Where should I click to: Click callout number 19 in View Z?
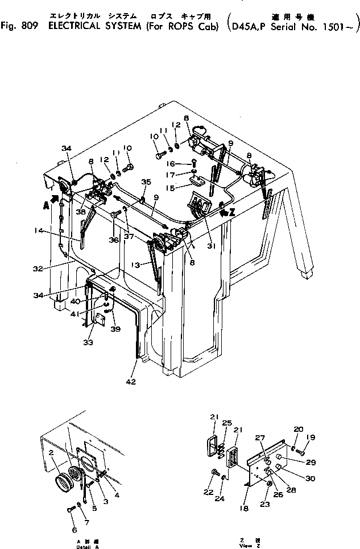click(x=311, y=438)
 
